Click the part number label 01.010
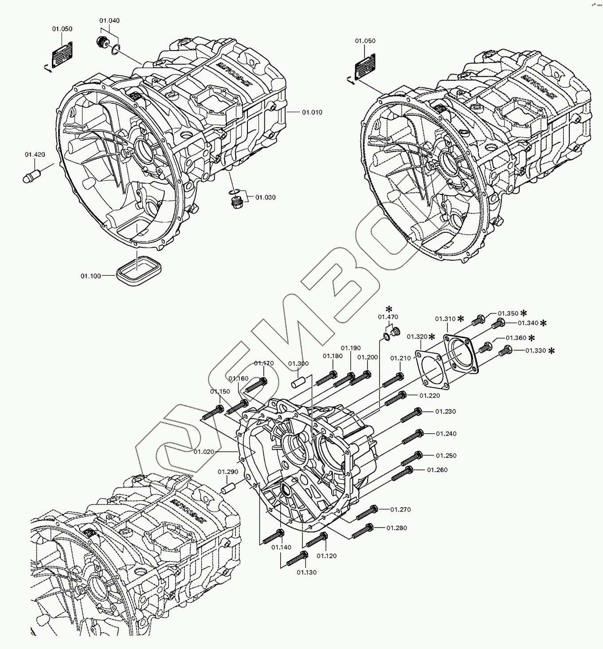(312, 113)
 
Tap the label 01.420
(35, 155)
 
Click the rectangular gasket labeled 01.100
(138, 272)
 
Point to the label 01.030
(266, 197)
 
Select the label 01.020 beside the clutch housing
(204, 452)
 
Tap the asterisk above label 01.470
(389, 309)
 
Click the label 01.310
(445, 319)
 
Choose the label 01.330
(535, 351)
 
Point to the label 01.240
(446, 434)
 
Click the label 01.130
(307, 572)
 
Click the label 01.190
(351, 348)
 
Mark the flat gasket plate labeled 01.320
(429, 365)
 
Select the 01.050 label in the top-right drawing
(365, 41)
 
